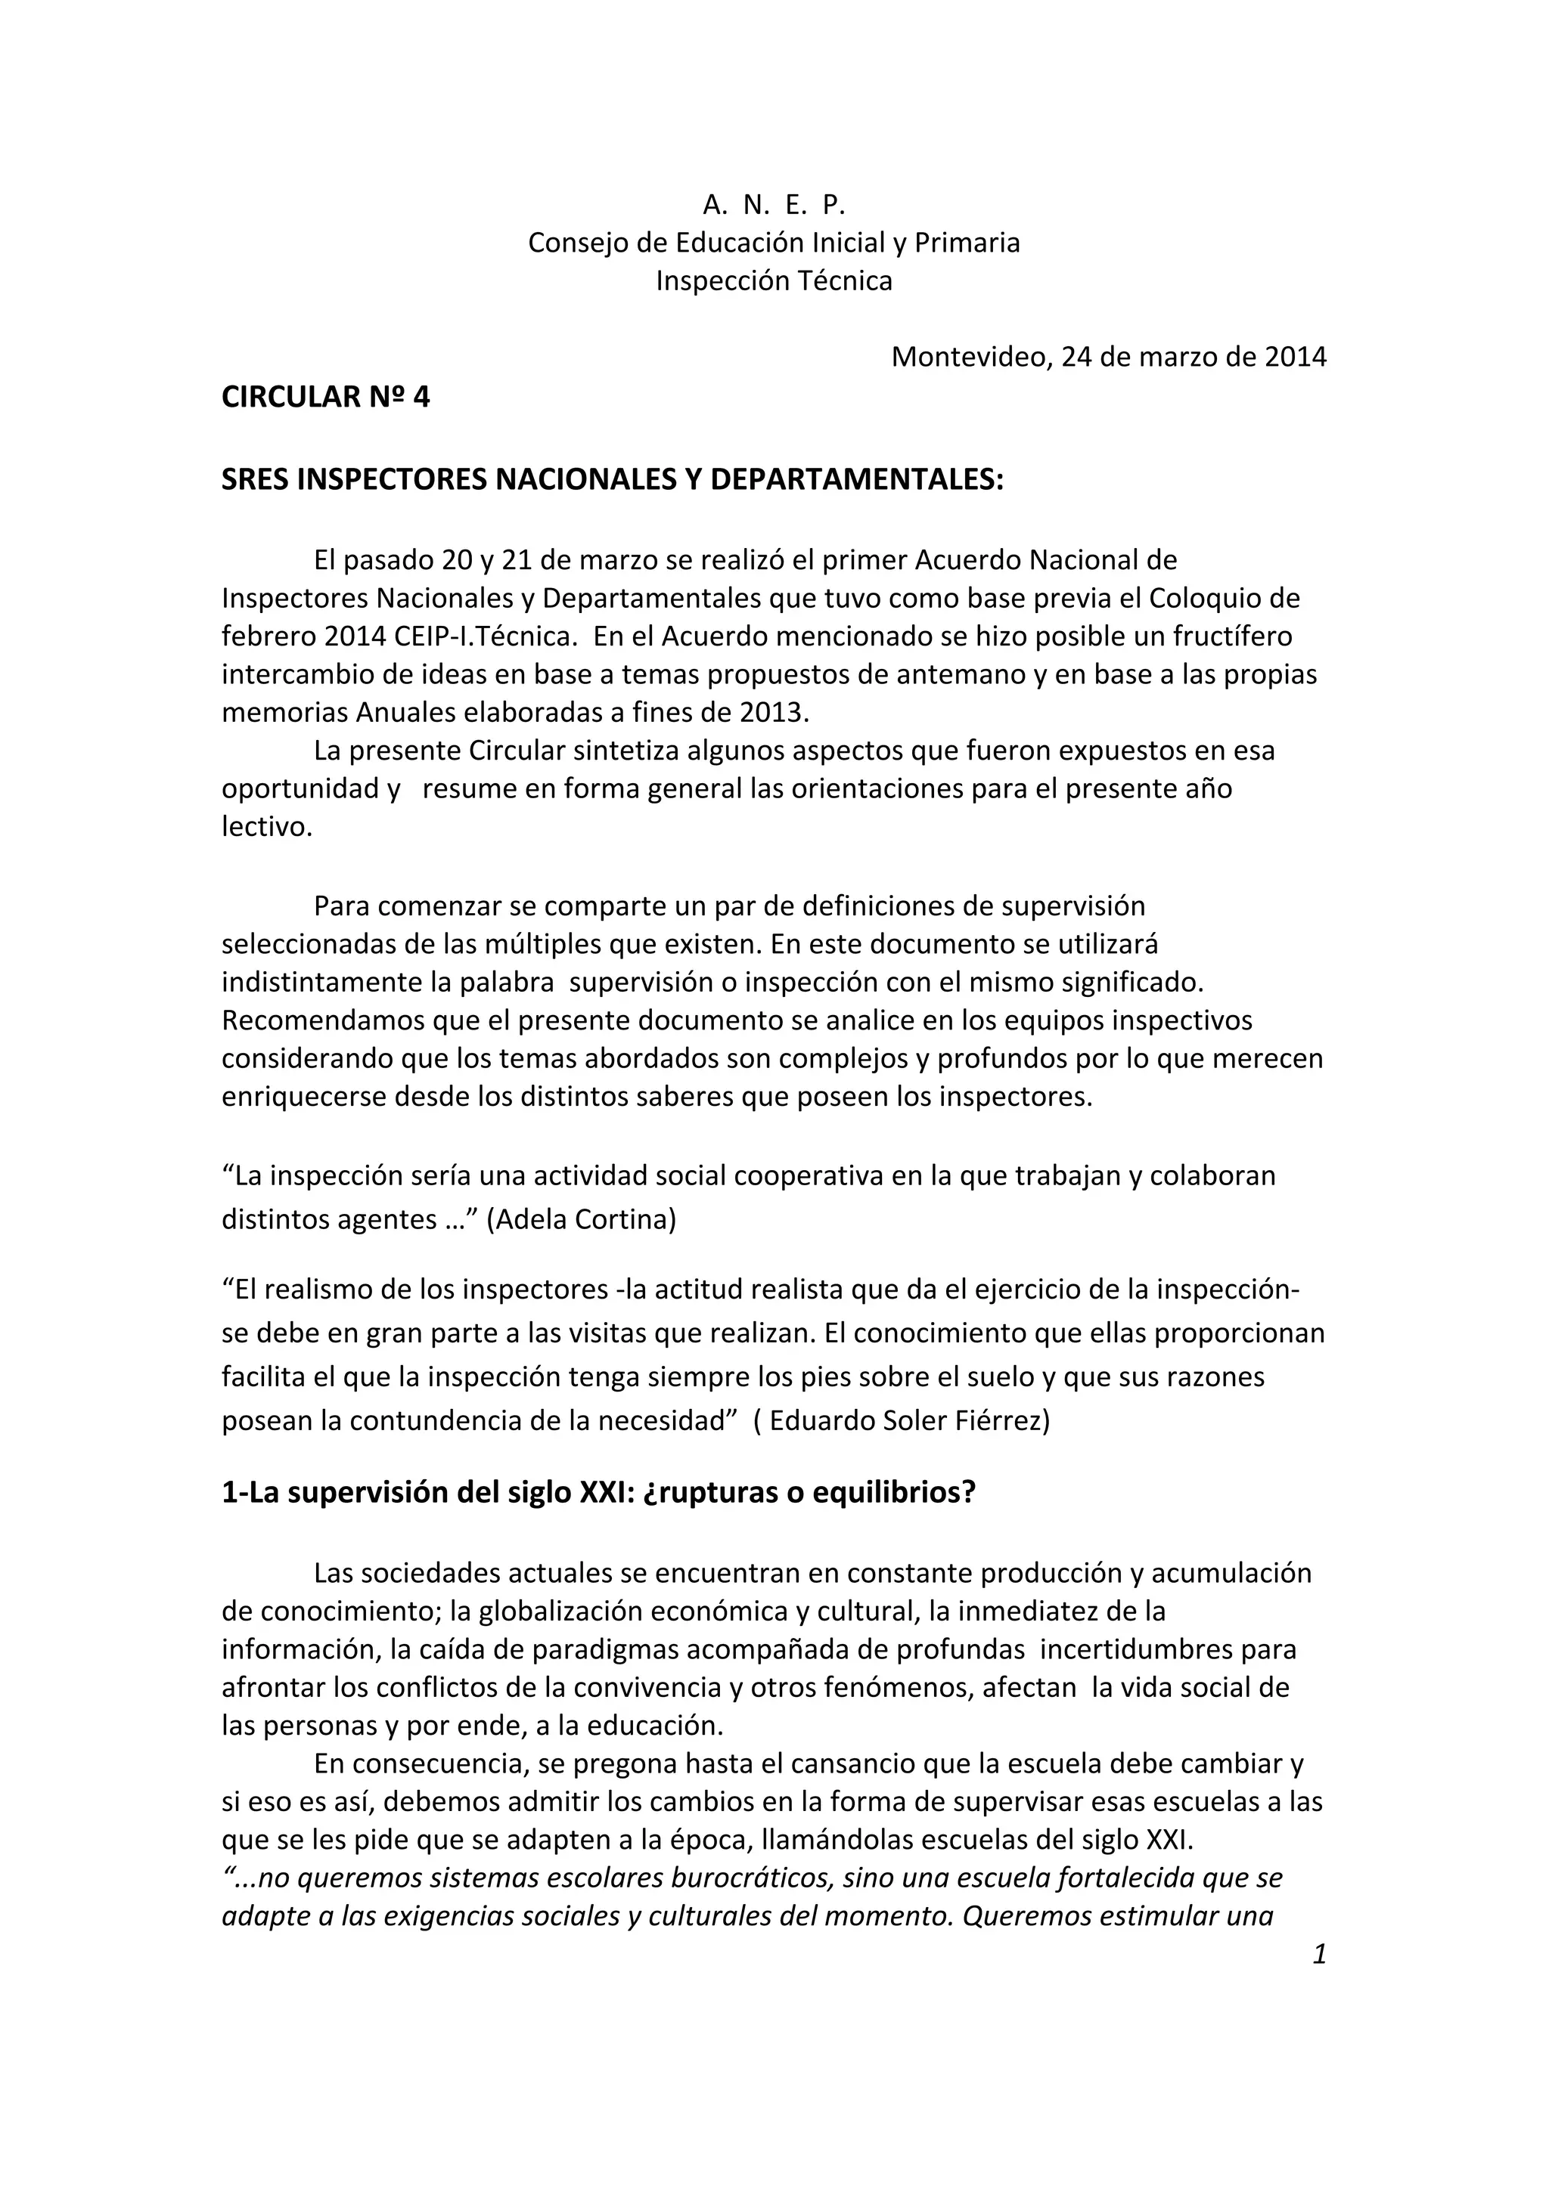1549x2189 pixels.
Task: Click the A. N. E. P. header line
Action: (774, 205)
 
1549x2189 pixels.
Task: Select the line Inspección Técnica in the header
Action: (774, 281)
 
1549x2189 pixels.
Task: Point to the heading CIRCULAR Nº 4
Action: (325, 398)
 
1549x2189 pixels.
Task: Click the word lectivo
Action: (267, 828)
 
